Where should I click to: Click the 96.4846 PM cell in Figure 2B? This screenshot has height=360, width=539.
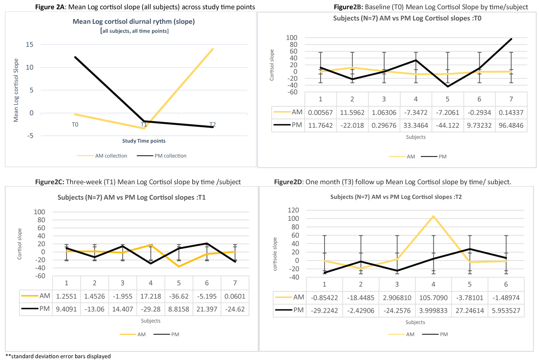[511, 125]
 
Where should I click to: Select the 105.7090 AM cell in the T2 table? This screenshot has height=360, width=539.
[433, 298]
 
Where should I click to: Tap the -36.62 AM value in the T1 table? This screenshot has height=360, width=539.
[179, 296]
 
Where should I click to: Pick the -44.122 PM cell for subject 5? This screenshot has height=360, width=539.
[447, 125]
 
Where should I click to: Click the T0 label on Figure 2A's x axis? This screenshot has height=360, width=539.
[75, 125]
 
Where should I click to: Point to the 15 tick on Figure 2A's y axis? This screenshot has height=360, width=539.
[29, 45]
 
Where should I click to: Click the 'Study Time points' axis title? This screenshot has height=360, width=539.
[144, 141]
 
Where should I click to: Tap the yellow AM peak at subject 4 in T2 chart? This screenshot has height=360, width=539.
[433, 216]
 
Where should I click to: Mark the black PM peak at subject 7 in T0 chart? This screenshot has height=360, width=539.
[511, 39]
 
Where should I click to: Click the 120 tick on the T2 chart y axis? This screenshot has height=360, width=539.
[294, 210]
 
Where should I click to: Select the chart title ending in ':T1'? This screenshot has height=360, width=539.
[132, 198]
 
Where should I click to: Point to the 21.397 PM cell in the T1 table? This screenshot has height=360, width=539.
[207, 309]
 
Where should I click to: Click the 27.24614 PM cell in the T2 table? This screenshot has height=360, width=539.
[470, 311]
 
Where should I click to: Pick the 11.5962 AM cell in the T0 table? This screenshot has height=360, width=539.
[352, 112]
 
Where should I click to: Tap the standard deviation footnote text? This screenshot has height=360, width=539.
[58, 356]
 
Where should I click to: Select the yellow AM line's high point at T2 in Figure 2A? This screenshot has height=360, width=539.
[213, 49]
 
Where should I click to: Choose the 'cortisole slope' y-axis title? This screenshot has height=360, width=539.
[275, 254]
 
